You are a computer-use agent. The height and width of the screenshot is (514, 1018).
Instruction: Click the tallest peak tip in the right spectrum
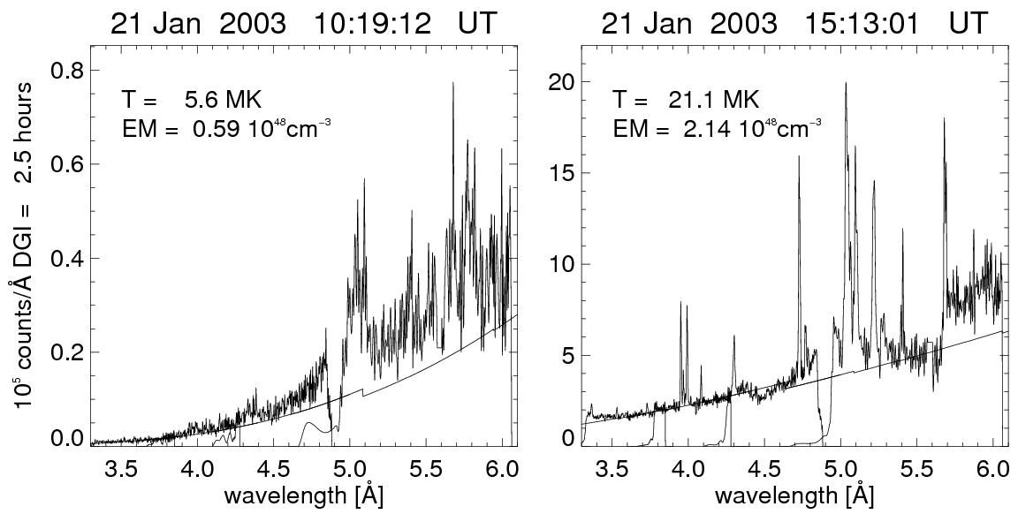(846, 83)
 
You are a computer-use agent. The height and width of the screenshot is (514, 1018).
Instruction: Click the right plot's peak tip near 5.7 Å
(944, 117)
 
